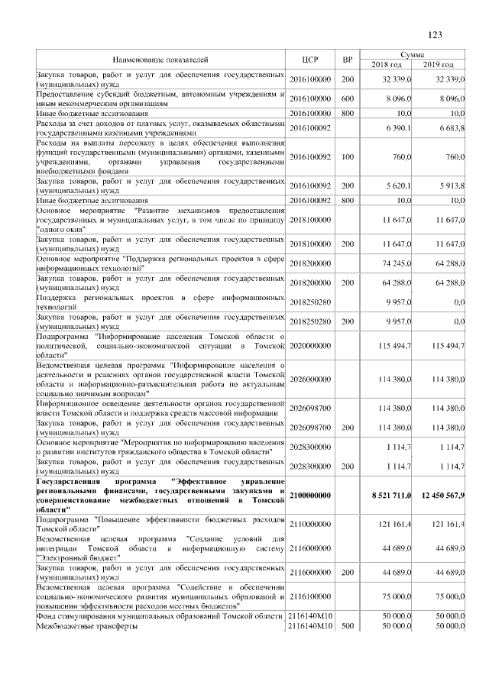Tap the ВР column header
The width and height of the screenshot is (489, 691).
pyautogui.click(x=348, y=60)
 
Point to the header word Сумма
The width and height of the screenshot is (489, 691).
pyautogui.click(x=413, y=55)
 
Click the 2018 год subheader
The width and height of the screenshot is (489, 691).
pyautogui.click(x=387, y=65)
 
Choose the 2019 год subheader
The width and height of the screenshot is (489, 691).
pyautogui.click(x=439, y=65)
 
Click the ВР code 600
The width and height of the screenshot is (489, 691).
pyautogui.click(x=348, y=98)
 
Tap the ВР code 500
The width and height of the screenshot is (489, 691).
pyautogui.click(x=348, y=627)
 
